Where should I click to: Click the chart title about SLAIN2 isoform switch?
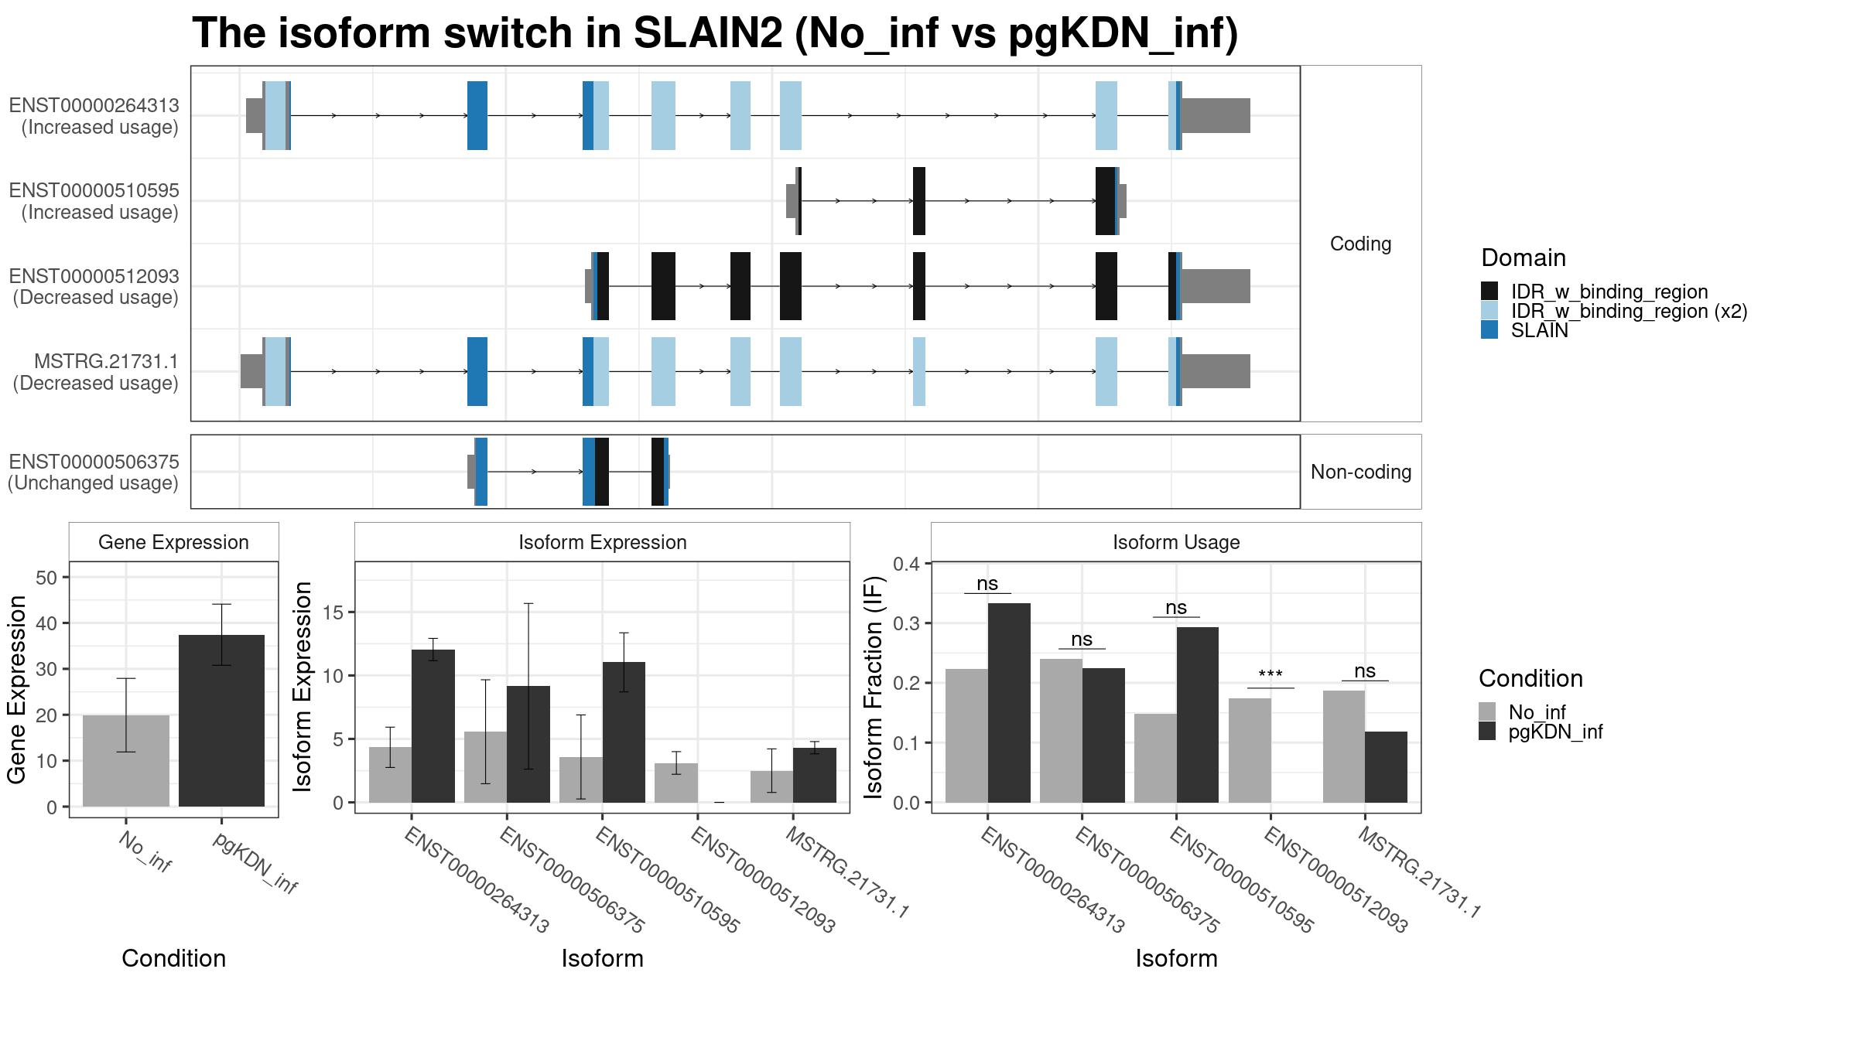tap(715, 34)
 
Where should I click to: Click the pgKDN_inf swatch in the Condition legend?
tap(1487, 732)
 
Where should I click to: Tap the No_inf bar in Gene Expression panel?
tap(126, 761)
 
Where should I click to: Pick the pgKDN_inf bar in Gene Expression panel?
tap(221, 721)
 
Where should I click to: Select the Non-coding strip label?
tap(1361, 472)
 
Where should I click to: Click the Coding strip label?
tap(1360, 244)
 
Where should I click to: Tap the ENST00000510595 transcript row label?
tap(94, 201)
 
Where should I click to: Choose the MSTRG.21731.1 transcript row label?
tap(96, 372)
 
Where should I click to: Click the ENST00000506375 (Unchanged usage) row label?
tap(94, 473)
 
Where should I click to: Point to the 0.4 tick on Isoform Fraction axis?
tap(907, 564)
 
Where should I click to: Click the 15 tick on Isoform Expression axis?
tap(333, 612)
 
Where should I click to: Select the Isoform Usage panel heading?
tap(1176, 542)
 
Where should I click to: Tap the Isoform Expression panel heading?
tap(603, 542)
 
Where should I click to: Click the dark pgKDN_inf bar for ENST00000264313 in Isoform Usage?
tap(1009, 703)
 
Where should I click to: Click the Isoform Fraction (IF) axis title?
tap(874, 687)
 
